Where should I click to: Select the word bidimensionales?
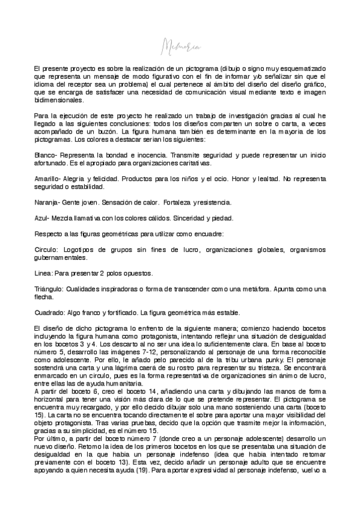point(59,100)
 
